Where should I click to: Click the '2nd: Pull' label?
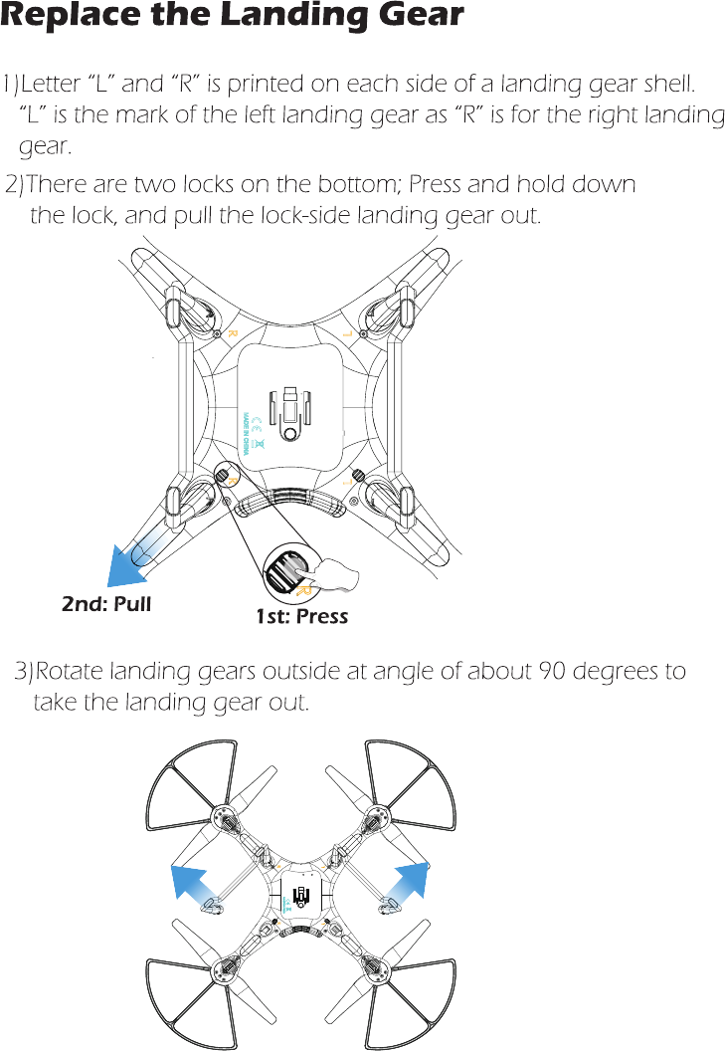coord(106,603)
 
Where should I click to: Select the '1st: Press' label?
coord(301,616)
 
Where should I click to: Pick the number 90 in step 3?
coord(553,671)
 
